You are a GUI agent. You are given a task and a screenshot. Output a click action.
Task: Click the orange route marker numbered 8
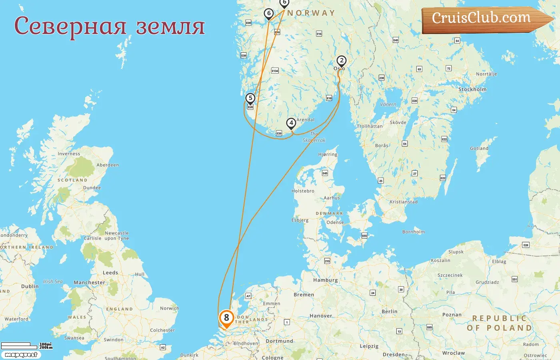click(x=226, y=318)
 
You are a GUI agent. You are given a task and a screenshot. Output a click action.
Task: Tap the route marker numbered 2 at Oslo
click(x=341, y=61)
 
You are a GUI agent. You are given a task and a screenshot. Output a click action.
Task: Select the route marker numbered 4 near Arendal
click(x=291, y=123)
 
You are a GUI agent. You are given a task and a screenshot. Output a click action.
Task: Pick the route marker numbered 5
click(x=250, y=98)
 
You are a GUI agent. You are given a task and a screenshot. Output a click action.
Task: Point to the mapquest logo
click(x=21, y=355)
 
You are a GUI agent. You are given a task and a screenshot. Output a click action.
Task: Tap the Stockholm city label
click(x=472, y=90)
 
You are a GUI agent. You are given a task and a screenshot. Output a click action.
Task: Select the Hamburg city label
click(x=325, y=280)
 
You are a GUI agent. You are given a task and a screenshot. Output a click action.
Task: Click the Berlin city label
click(x=389, y=312)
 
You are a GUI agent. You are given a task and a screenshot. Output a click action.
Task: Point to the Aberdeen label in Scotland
click(x=108, y=165)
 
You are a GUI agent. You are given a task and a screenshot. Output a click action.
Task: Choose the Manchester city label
click(x=89, y=282)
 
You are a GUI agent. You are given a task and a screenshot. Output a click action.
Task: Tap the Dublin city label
click(x=30, y=286)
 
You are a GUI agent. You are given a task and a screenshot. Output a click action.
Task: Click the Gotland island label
click(x=479, y=148)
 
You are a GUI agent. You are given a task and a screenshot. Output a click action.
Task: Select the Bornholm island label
click(x=414, y=232)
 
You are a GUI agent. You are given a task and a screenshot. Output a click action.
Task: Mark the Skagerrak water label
click(x=314, y=137)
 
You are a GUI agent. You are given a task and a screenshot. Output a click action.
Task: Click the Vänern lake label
click(x=388, y=104)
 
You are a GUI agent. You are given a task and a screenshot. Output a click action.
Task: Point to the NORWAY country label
click(x=311, y=13)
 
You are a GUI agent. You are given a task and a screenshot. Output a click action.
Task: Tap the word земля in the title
click(x=170, y=26)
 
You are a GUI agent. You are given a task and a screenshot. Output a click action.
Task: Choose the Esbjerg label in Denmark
click(x=300, y=220)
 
